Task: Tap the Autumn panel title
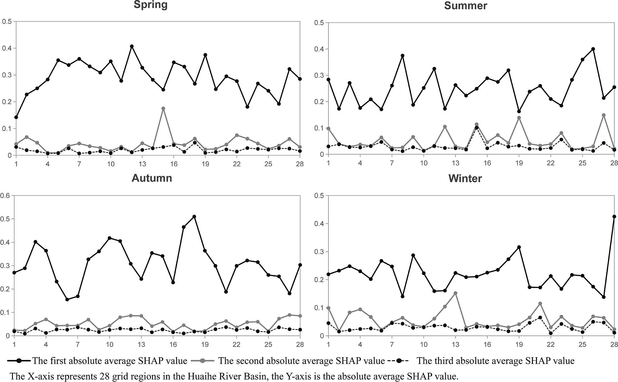[x=152, y=178]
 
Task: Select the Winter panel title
[x=465, y=179]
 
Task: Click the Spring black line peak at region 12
[x=132, y=46]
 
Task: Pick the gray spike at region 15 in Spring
[x=163, y=109]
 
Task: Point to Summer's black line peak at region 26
[x=593, y=49]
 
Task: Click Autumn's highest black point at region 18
[x=194, y=217]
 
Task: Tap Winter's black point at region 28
[x=614, y=217]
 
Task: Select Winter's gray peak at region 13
[x=455, y=293]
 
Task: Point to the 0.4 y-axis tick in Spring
[x=6, y=48]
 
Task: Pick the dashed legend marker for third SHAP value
[x=400, y=361]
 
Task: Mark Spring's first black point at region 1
[x=16, y=117]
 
